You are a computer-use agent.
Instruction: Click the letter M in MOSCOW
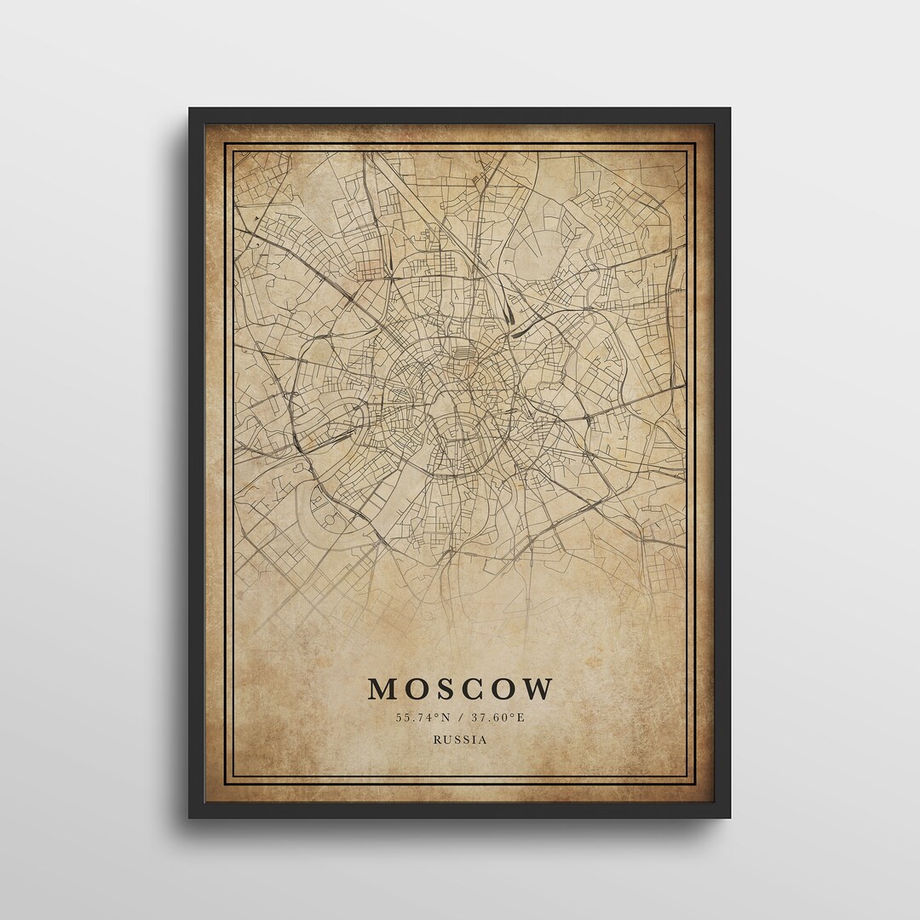pos(381,689)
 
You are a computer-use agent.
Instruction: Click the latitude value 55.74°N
pos(421,717)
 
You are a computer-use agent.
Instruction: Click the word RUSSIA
pos(460,739)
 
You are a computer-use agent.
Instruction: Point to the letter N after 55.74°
pos(443,717)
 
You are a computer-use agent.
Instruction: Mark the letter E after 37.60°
pos(521,717)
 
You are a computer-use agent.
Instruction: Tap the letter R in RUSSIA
pos(437,739)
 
